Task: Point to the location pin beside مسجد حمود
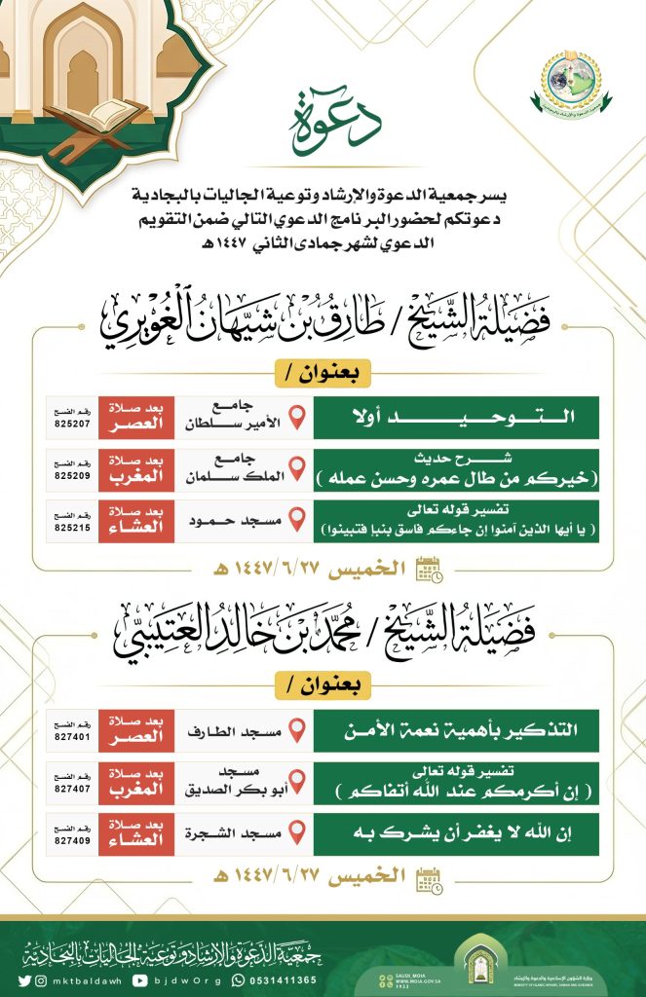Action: pos(299,522)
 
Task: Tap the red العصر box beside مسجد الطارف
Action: pos(135,730)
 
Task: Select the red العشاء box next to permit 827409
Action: pos(135,834)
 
